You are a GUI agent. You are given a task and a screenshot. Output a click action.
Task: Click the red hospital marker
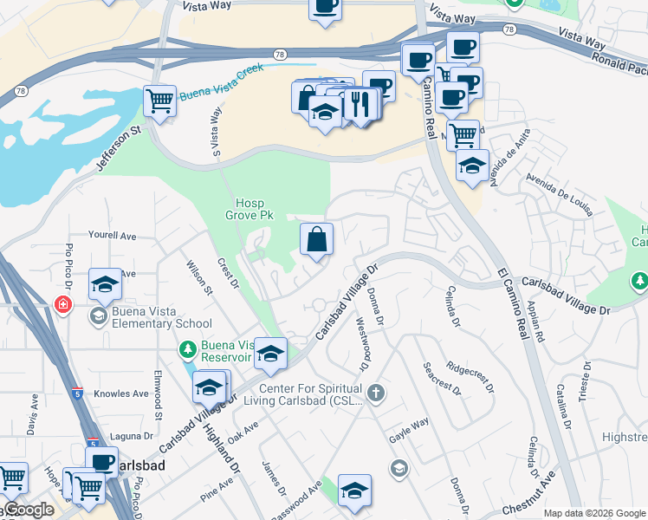(x=62, y=305)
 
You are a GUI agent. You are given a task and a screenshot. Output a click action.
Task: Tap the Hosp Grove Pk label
(x=249, y=209)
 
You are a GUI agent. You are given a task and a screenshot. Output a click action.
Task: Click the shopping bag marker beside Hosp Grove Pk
(x=317, y=238)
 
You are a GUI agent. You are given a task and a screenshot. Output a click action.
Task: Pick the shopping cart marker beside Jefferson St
(x=160, y=101)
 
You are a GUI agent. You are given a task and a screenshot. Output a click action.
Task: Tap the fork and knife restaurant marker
(x=360, y=104)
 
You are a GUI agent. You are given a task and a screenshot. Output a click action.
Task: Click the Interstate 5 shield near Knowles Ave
(x=76, y=393)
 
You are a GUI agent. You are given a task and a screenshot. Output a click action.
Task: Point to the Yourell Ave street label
(x=113, y=236)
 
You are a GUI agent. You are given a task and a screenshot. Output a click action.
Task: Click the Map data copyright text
(x=594, y=513)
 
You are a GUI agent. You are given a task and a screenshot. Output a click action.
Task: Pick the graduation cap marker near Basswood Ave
(x=354, y=490)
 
